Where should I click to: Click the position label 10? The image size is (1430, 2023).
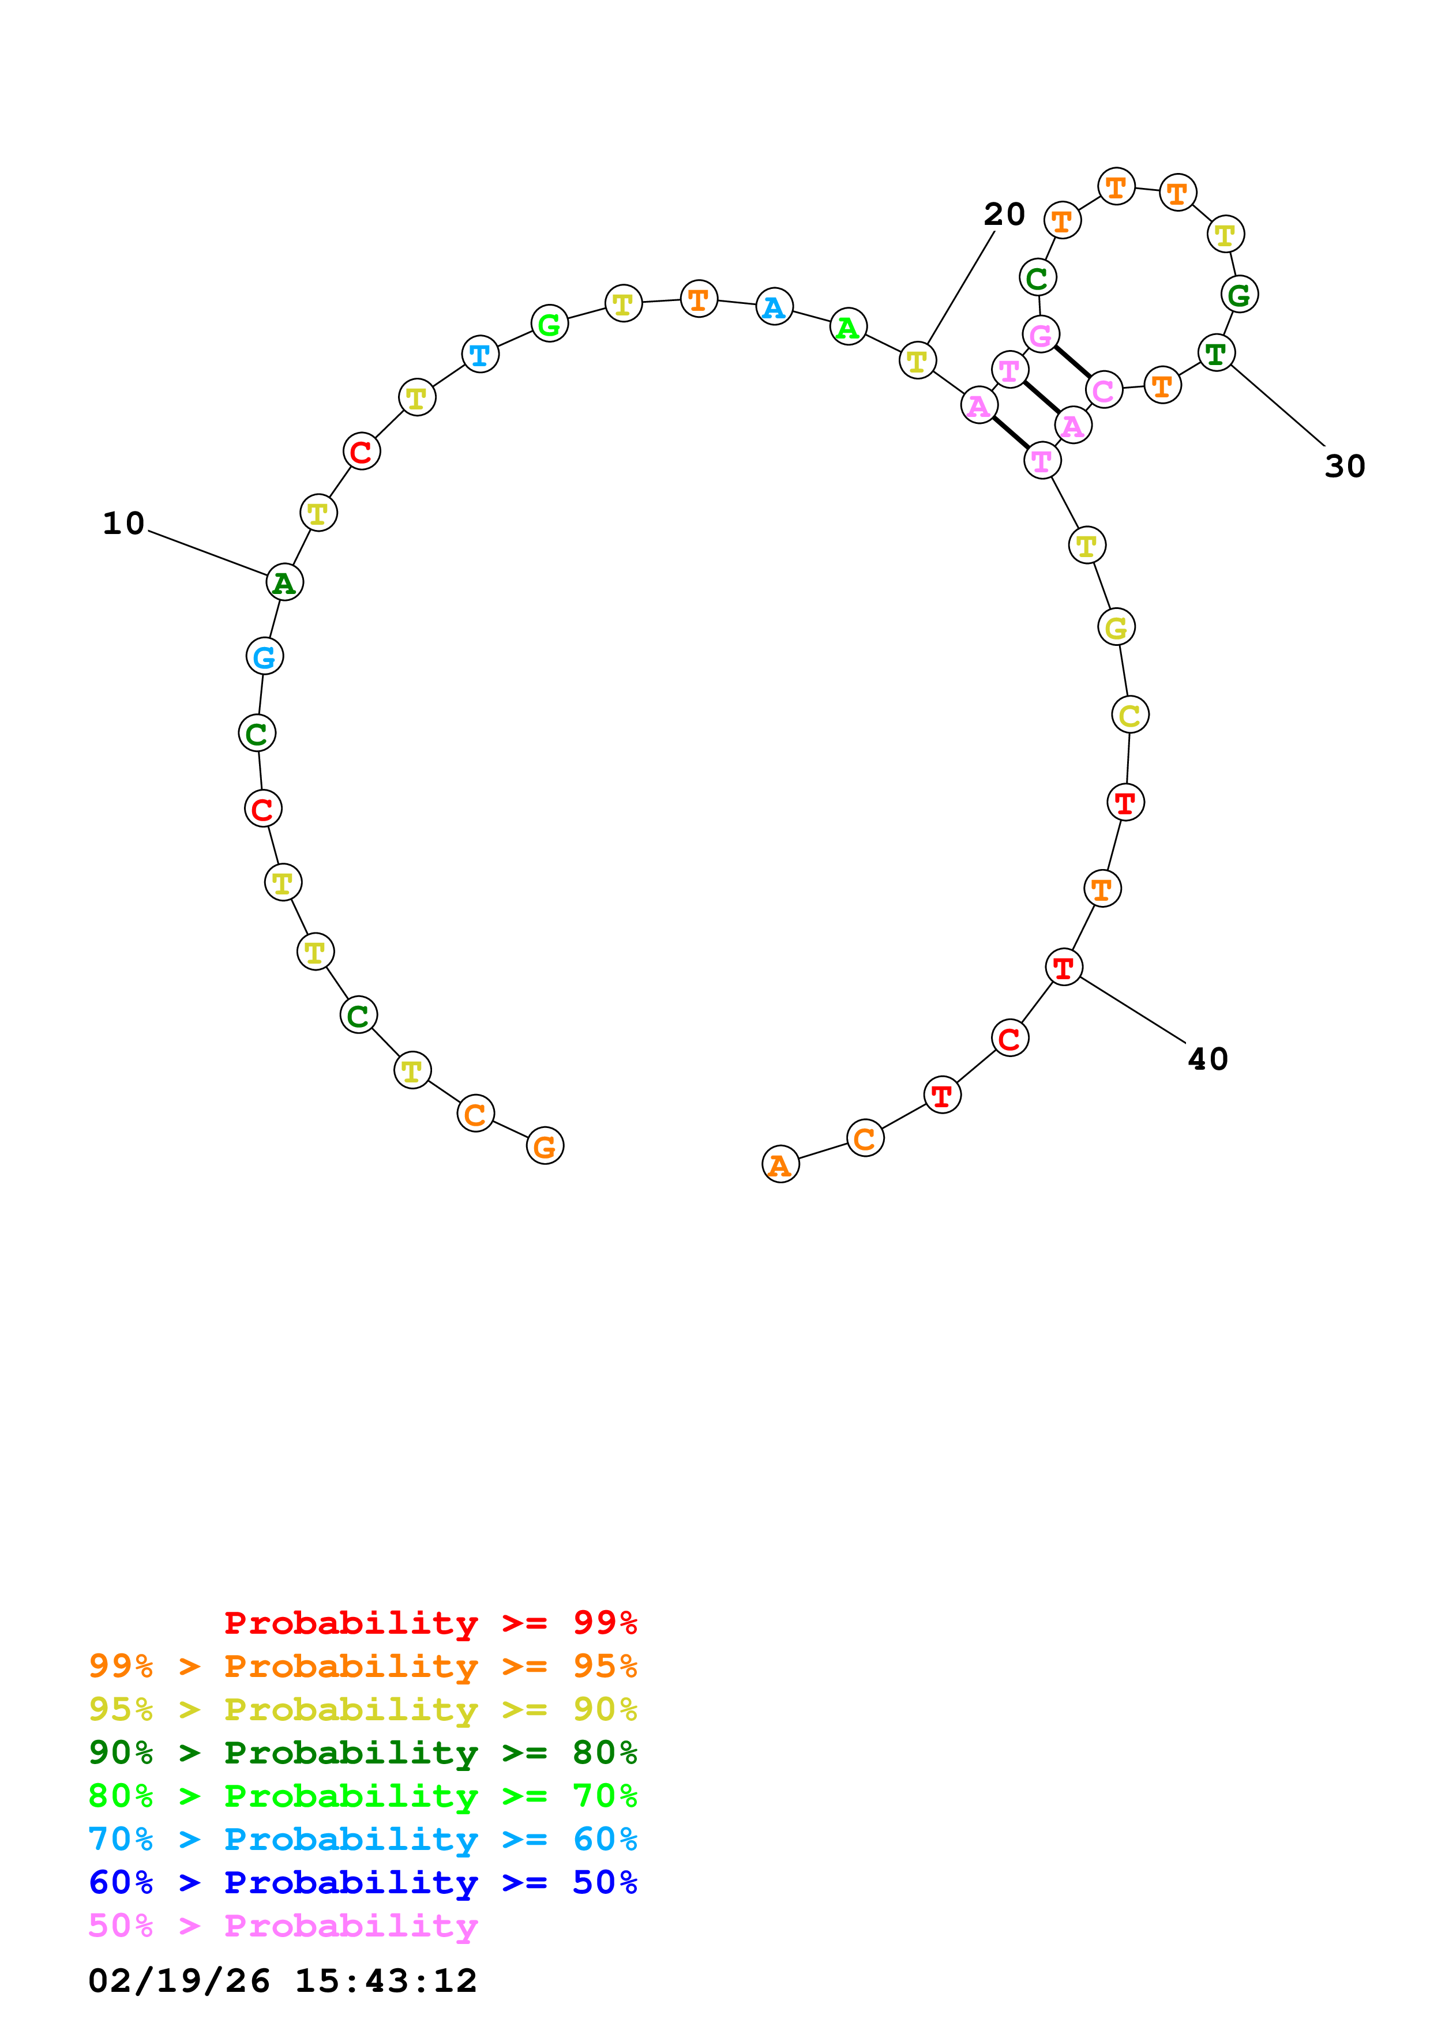click(123, 524)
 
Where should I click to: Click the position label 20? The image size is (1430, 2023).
click(1004, 214)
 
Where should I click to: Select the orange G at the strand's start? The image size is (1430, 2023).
click(545, 1146)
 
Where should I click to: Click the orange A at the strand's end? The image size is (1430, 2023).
click(780, 1165)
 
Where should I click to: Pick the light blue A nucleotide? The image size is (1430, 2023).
click(774, 307)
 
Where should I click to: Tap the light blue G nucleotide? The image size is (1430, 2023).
click(264, 656)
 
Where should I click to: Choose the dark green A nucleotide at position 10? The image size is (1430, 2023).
click(284, 582)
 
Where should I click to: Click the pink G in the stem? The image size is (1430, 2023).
click(1041, 335)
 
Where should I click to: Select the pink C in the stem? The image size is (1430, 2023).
click(1103, 390)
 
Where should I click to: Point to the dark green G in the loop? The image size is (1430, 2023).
click(1239, 294)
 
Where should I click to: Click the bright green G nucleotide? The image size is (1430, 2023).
click(549, 324)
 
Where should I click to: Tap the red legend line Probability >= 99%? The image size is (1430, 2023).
click(430, 1622)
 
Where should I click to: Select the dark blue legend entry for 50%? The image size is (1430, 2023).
click(362, 1882)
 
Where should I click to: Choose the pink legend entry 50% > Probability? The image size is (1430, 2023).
click(283, 1925)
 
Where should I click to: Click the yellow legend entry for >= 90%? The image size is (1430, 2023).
click(362, 1709)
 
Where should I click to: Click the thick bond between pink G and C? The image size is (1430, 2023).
click(1072, 363)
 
